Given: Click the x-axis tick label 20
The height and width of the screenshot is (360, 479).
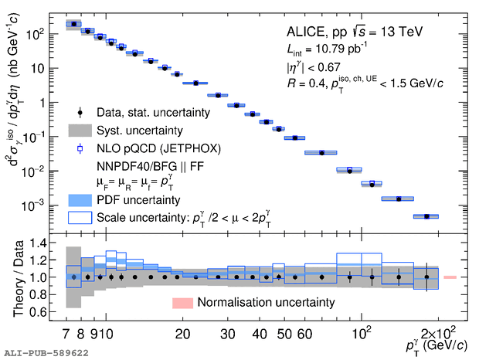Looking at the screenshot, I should click(182, 334).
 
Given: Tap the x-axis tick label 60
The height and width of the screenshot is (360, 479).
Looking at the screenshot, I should click(304, 334).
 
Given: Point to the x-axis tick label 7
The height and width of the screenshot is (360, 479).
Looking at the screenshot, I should click(66, 334).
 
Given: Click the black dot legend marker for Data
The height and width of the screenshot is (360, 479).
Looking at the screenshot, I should click(80, 113).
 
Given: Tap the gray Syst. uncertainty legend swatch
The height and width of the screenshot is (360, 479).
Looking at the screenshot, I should click(80, 130).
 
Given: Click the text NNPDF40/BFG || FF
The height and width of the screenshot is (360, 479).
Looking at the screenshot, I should click(147, 165).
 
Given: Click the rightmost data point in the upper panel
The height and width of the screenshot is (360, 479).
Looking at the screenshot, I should click(426, 216).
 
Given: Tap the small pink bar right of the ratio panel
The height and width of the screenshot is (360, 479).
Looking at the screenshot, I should click(450, 277).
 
